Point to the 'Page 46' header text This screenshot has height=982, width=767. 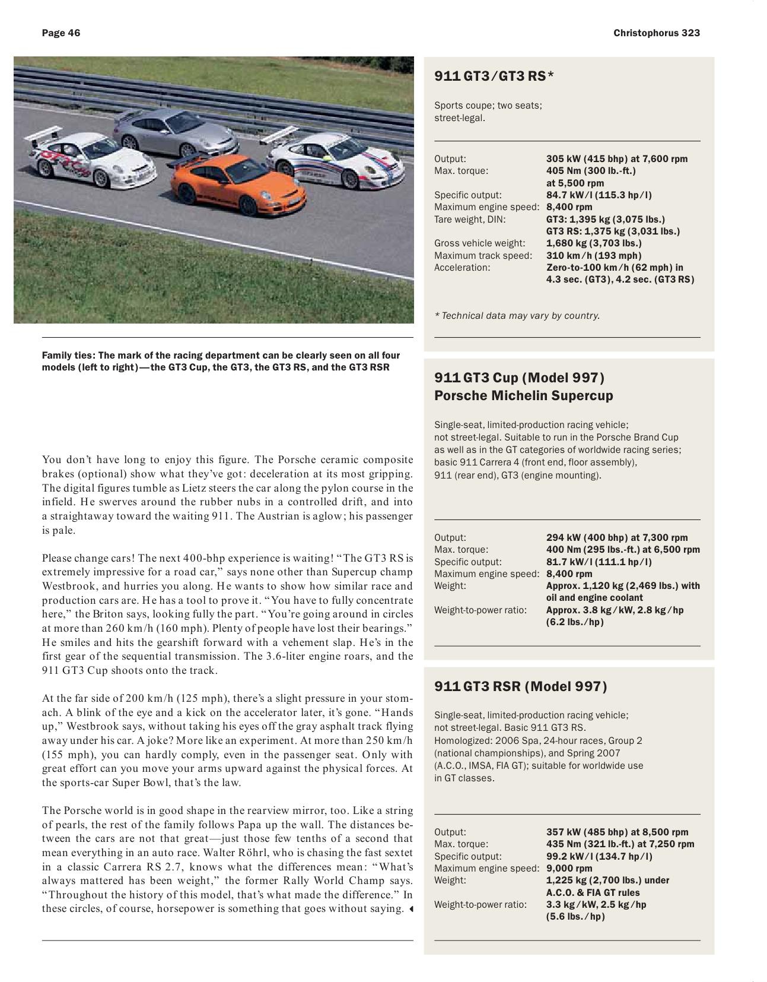(61, 33)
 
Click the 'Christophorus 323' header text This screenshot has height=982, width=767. (657, 33)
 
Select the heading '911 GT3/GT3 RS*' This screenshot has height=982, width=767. (494, 76)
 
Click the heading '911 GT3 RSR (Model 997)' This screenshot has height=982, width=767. (520, 686)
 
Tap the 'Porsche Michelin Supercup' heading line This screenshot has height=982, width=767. (523, 395)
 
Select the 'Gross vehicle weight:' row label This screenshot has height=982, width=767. (479, 243)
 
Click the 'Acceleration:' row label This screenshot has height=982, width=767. (462, 267)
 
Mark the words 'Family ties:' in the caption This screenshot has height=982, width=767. (68, 355)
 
